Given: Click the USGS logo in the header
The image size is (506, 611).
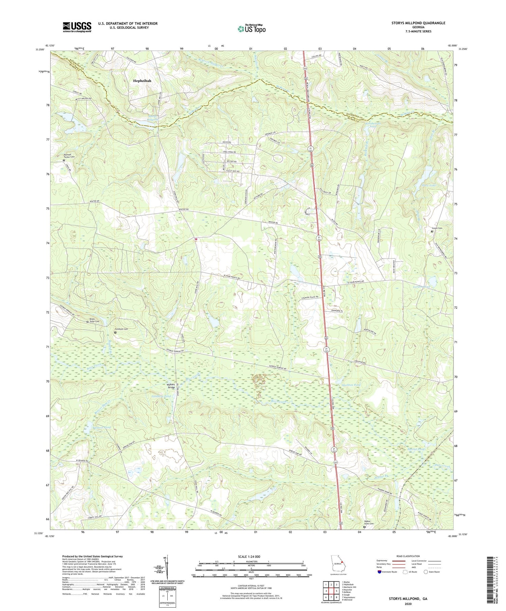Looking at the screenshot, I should (x=77, y=27).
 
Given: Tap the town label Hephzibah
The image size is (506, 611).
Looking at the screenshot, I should (x=142, y=81).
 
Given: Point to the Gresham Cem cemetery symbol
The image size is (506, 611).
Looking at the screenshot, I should (x=115, y=333).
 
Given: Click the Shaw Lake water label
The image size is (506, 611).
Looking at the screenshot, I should (x=429, y=185).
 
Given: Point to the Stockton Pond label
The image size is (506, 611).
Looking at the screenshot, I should (x=351, y=385).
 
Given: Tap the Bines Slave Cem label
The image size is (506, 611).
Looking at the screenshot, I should (x=94, y=320).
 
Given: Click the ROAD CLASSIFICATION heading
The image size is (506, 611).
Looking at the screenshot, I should (x=408, y=556).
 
